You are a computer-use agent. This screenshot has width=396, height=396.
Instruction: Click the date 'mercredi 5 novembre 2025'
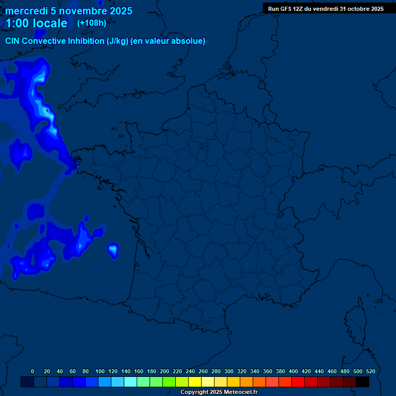tap(69, 11)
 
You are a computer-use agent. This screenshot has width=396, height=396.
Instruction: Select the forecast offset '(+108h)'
tap(92, 23)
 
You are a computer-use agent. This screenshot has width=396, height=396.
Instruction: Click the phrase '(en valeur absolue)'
tap(168, 41)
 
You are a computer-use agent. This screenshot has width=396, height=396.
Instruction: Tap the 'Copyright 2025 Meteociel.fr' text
tap(219, 392)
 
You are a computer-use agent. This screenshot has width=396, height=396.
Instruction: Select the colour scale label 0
tap(32, 371)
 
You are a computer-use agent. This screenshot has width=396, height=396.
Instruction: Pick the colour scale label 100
tap(100, 371)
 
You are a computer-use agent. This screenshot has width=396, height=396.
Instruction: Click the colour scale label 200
tap(164, 371)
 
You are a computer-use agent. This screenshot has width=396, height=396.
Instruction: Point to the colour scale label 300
tap(229, 371)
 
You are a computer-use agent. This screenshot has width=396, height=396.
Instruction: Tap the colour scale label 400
tap(293, 371)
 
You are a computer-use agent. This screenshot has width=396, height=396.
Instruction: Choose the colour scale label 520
tap(370, 371)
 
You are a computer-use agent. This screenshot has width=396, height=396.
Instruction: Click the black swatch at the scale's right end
tap(362, 382)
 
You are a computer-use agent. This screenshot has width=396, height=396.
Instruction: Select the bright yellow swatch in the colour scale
tap(195, 382)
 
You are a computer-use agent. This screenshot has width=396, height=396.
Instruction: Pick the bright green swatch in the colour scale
tap(169, 382)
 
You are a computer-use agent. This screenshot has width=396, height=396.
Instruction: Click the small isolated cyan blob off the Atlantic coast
tap(113, 250)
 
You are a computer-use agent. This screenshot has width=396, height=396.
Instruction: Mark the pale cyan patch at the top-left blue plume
tap(39, 77)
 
